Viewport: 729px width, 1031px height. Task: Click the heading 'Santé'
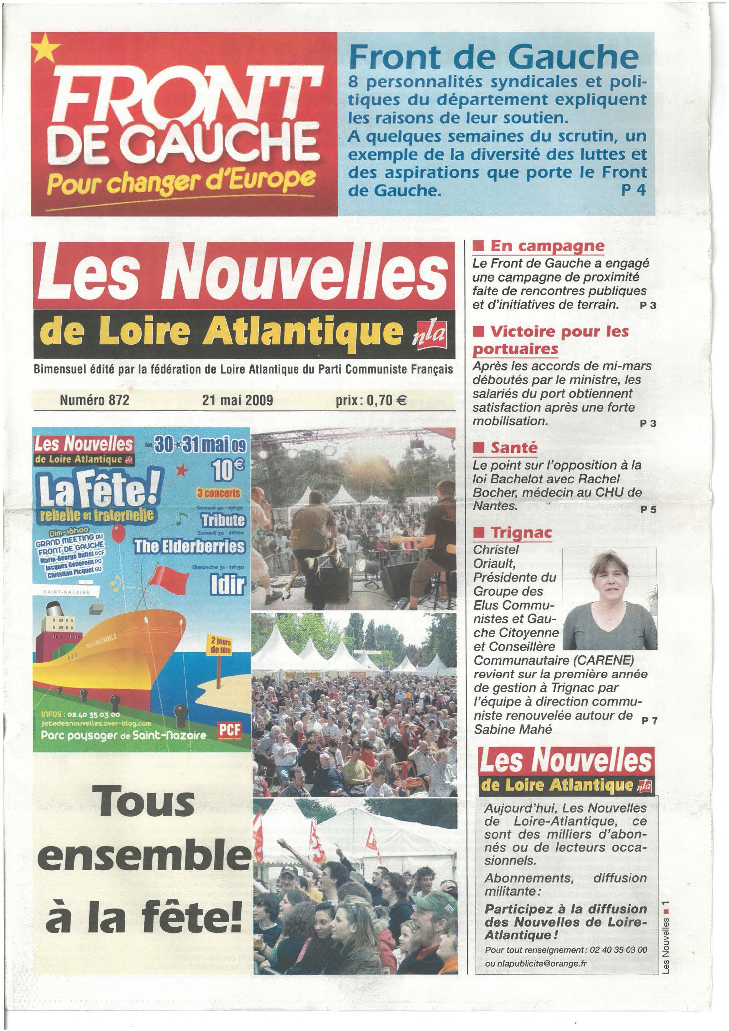tap(513, 448)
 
